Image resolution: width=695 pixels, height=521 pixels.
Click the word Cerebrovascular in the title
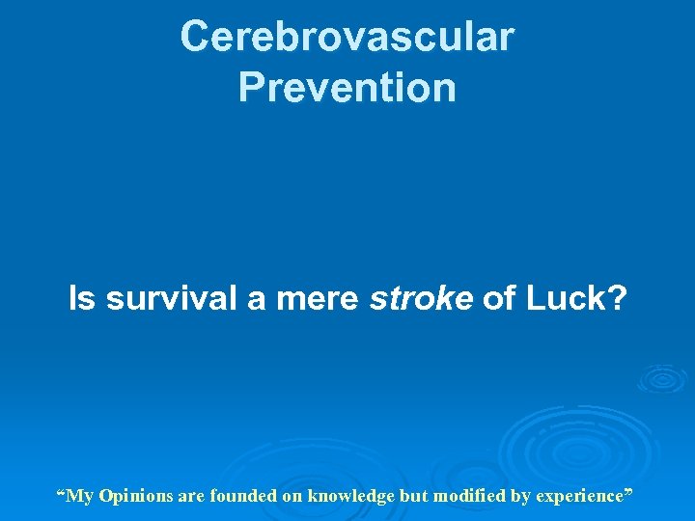pyautogui.click(x=347, y=38)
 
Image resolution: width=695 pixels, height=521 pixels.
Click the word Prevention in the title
pyautogui.click(x=347, y=88)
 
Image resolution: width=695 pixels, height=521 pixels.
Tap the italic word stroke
pyautogui.click(x=421, y=299)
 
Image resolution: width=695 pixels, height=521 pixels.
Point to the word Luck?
pyautogui.click(x=575, y=299)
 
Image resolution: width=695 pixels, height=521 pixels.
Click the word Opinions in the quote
pyautogui.click(x=131, y=497)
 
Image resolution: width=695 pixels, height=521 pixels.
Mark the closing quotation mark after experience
pyautogui.click(x=628, y=493)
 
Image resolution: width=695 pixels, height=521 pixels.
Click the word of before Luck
pyautogui.click(x=498, y=299)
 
